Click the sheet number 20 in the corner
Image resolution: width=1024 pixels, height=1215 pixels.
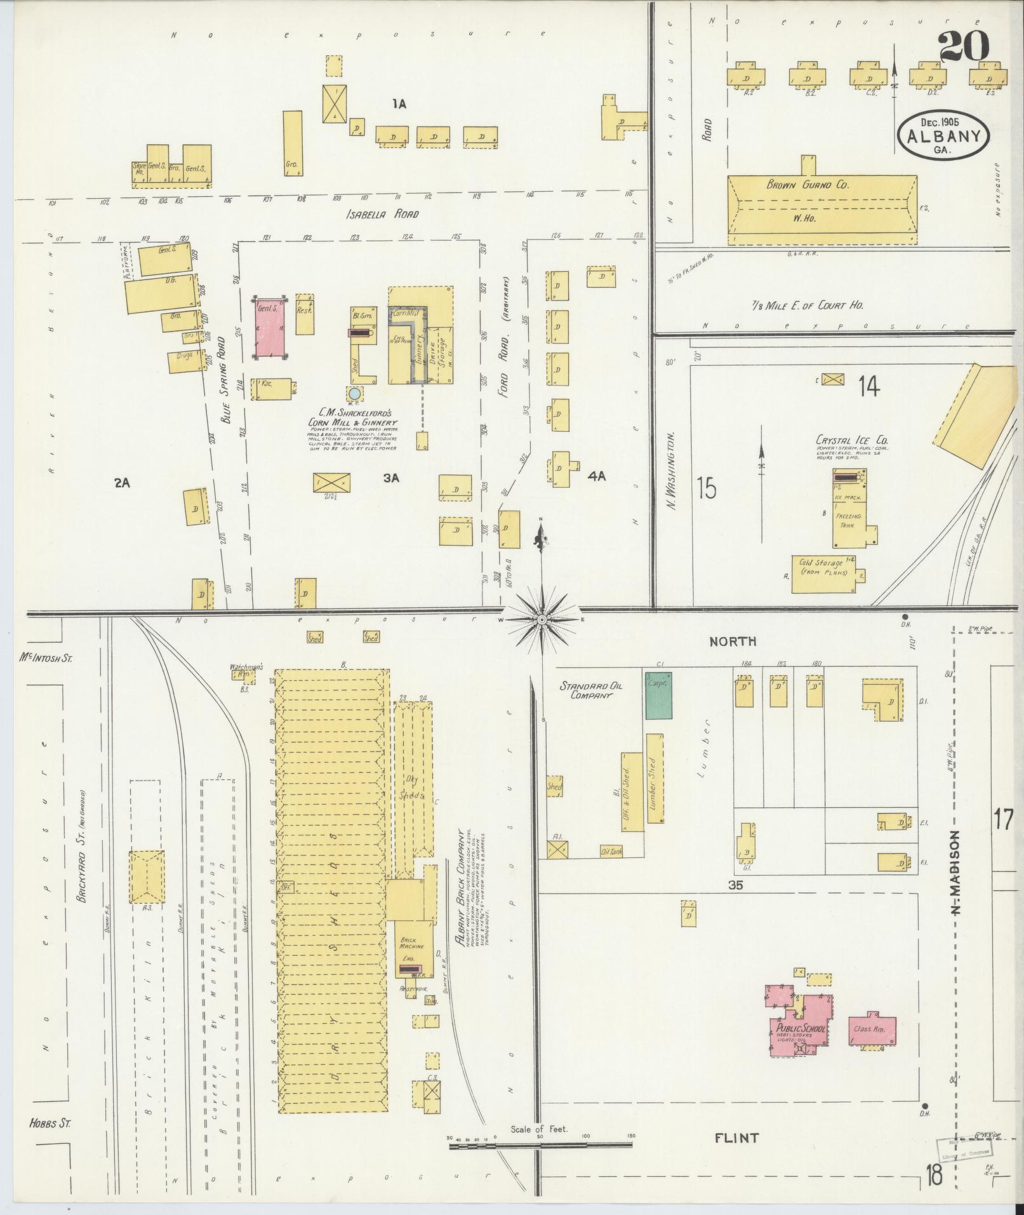(962, 46)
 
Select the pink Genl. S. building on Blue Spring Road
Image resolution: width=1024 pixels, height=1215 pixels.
(269, 328)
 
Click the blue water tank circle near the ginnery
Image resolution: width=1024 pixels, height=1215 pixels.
(354, 394)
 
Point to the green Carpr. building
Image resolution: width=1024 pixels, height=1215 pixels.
(659, 695)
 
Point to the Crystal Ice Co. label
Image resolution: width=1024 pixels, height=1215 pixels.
(852, 440)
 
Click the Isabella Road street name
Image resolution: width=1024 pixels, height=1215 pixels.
(374, 214)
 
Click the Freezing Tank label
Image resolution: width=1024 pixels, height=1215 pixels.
(848, 521)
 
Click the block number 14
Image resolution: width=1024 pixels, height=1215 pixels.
(868, 386)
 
